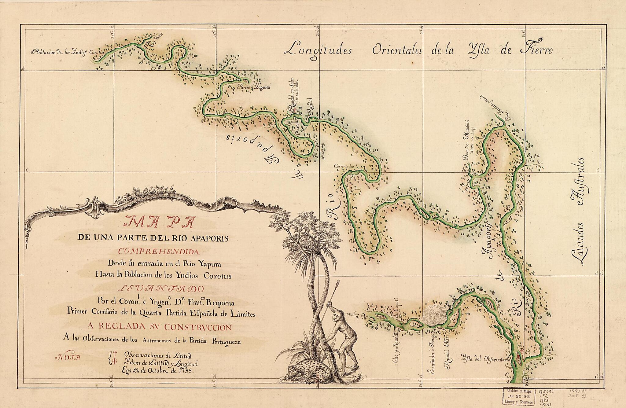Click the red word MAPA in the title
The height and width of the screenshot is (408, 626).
[158, 222]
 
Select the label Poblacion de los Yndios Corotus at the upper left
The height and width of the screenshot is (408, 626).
[67, 52]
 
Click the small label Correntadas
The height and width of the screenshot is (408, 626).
[344, 167]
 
